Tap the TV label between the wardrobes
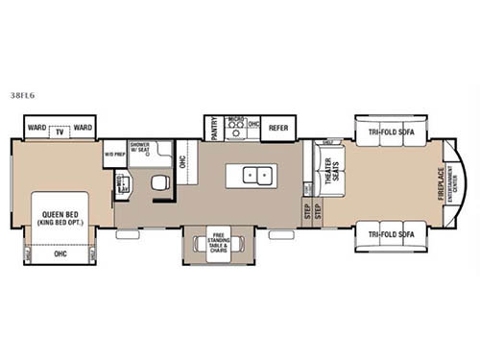(x=60, y=128)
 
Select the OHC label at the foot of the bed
(x=60, y=254)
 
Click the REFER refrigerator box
(x=278, y=127)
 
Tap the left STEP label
(x=306, y=213)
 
